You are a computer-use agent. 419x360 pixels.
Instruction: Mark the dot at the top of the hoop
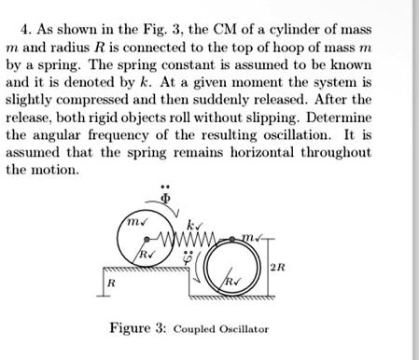click(225, 241)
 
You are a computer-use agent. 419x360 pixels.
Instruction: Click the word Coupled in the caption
click(197, 328)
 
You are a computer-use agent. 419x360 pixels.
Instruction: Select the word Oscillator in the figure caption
click(243, 328)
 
